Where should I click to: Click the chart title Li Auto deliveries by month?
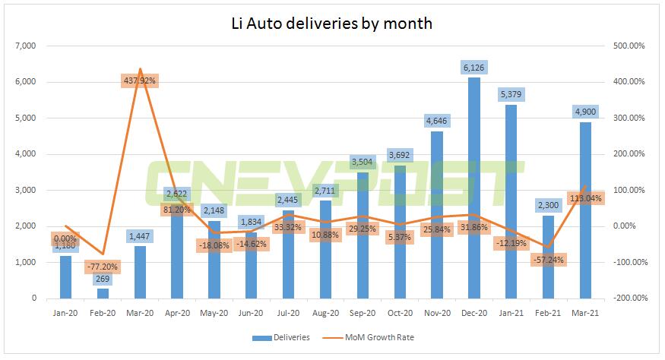click(x=331, y=23)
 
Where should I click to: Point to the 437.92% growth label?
click(x=140, y=79)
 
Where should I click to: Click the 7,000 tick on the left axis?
click(x=26, y=46)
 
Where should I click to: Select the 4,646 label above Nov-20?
click(x=437, y=121)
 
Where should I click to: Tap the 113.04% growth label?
click(x=585, y=199)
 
